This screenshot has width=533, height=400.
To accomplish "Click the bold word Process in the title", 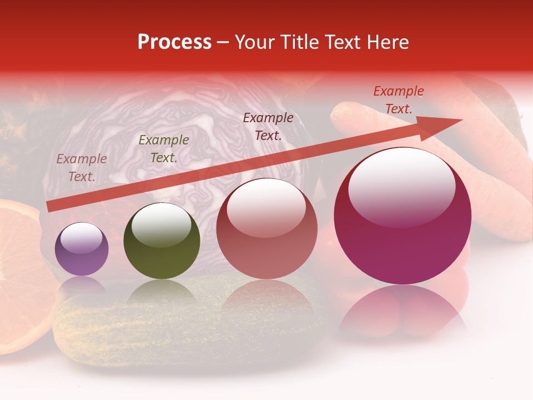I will (174, 42).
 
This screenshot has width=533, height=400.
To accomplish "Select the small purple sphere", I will (82, 249).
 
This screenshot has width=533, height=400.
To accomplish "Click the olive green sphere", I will (162, 241).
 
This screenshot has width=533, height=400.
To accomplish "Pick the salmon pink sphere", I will (266, 229).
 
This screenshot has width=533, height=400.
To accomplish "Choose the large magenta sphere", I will (403, 217).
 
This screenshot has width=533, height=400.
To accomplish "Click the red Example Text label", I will (399, 100).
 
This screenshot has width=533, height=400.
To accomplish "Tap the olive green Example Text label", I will (164, 149).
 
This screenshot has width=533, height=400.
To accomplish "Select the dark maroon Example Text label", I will (268, 126).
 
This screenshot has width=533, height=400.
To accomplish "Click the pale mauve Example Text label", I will (82, 168).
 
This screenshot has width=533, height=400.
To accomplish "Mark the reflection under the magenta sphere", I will (403, 311).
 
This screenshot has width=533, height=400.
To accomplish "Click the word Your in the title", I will (255, 42).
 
